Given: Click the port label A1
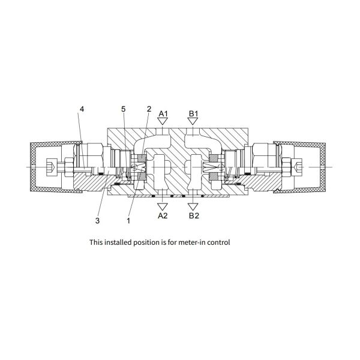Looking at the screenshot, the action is (x=163, y=113).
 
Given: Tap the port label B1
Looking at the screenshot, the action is (x=193, y=113).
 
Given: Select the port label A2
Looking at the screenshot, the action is (x=163, y=215).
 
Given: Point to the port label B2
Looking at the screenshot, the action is (x=194, y=215).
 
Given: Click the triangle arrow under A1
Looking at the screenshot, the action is (x=163, y=121).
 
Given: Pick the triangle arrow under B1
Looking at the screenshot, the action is (x=193, y=121).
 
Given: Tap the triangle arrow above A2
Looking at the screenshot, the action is (x=163, y=206).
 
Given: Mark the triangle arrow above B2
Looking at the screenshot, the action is (x=193, y=206).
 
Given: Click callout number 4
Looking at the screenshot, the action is (x=82, y=109).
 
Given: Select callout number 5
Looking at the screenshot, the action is (x=124, y=109).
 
